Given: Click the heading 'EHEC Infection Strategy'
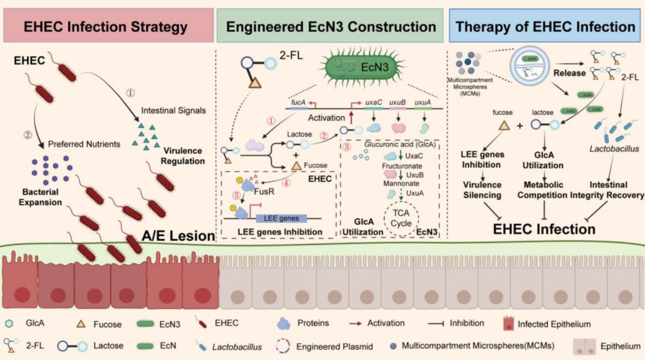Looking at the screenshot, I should (106, 27).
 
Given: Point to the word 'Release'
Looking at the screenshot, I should (569, 73).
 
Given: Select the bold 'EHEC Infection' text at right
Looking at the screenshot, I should (545, 229).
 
